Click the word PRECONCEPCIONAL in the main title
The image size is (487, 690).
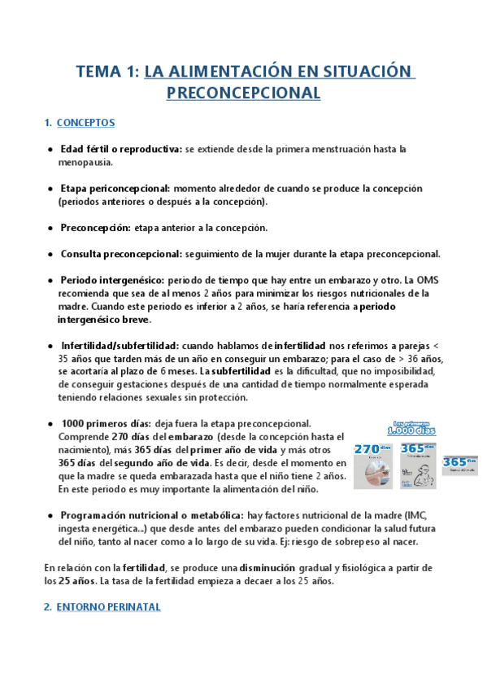click(243, 93)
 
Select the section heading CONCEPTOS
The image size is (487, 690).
click(85, 123)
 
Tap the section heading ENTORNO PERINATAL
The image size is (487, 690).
click(108, 607)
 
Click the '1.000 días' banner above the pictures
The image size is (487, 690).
click(414, 430)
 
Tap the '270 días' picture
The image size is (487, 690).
click(373, 465)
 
